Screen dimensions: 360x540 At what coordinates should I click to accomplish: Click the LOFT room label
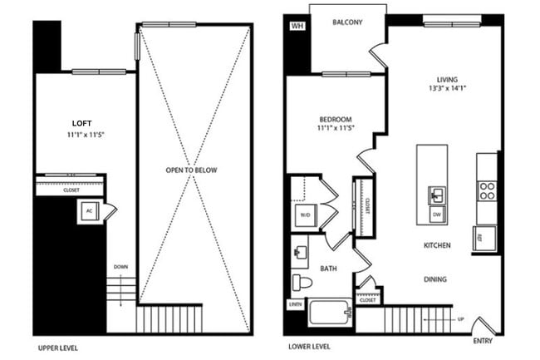(x=76, y=122)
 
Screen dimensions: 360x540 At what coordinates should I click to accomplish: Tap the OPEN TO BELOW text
(x=191, y=170)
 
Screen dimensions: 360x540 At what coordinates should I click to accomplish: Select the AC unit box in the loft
(x=89, y=211)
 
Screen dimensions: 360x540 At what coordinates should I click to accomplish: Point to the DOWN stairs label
(x=121, y=267)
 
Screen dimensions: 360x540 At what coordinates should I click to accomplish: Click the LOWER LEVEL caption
(x=309, y=346)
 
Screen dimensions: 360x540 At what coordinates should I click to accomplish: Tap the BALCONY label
(x=346, y=22)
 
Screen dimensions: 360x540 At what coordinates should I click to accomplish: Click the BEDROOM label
(x=335, y=119)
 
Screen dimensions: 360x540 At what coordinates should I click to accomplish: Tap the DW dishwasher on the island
(x=436, y=214)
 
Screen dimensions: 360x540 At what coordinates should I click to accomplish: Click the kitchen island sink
(x=436, y=195)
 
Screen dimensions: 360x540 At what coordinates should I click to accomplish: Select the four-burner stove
(x=486, y=191)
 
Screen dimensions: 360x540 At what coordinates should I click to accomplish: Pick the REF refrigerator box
(x=484, y=238)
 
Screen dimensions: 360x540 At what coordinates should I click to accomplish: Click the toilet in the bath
(x=302, y=283)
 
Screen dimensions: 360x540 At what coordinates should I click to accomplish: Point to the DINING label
(x=437, y=279)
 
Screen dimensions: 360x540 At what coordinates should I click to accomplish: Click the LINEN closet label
(x=295, y=305)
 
